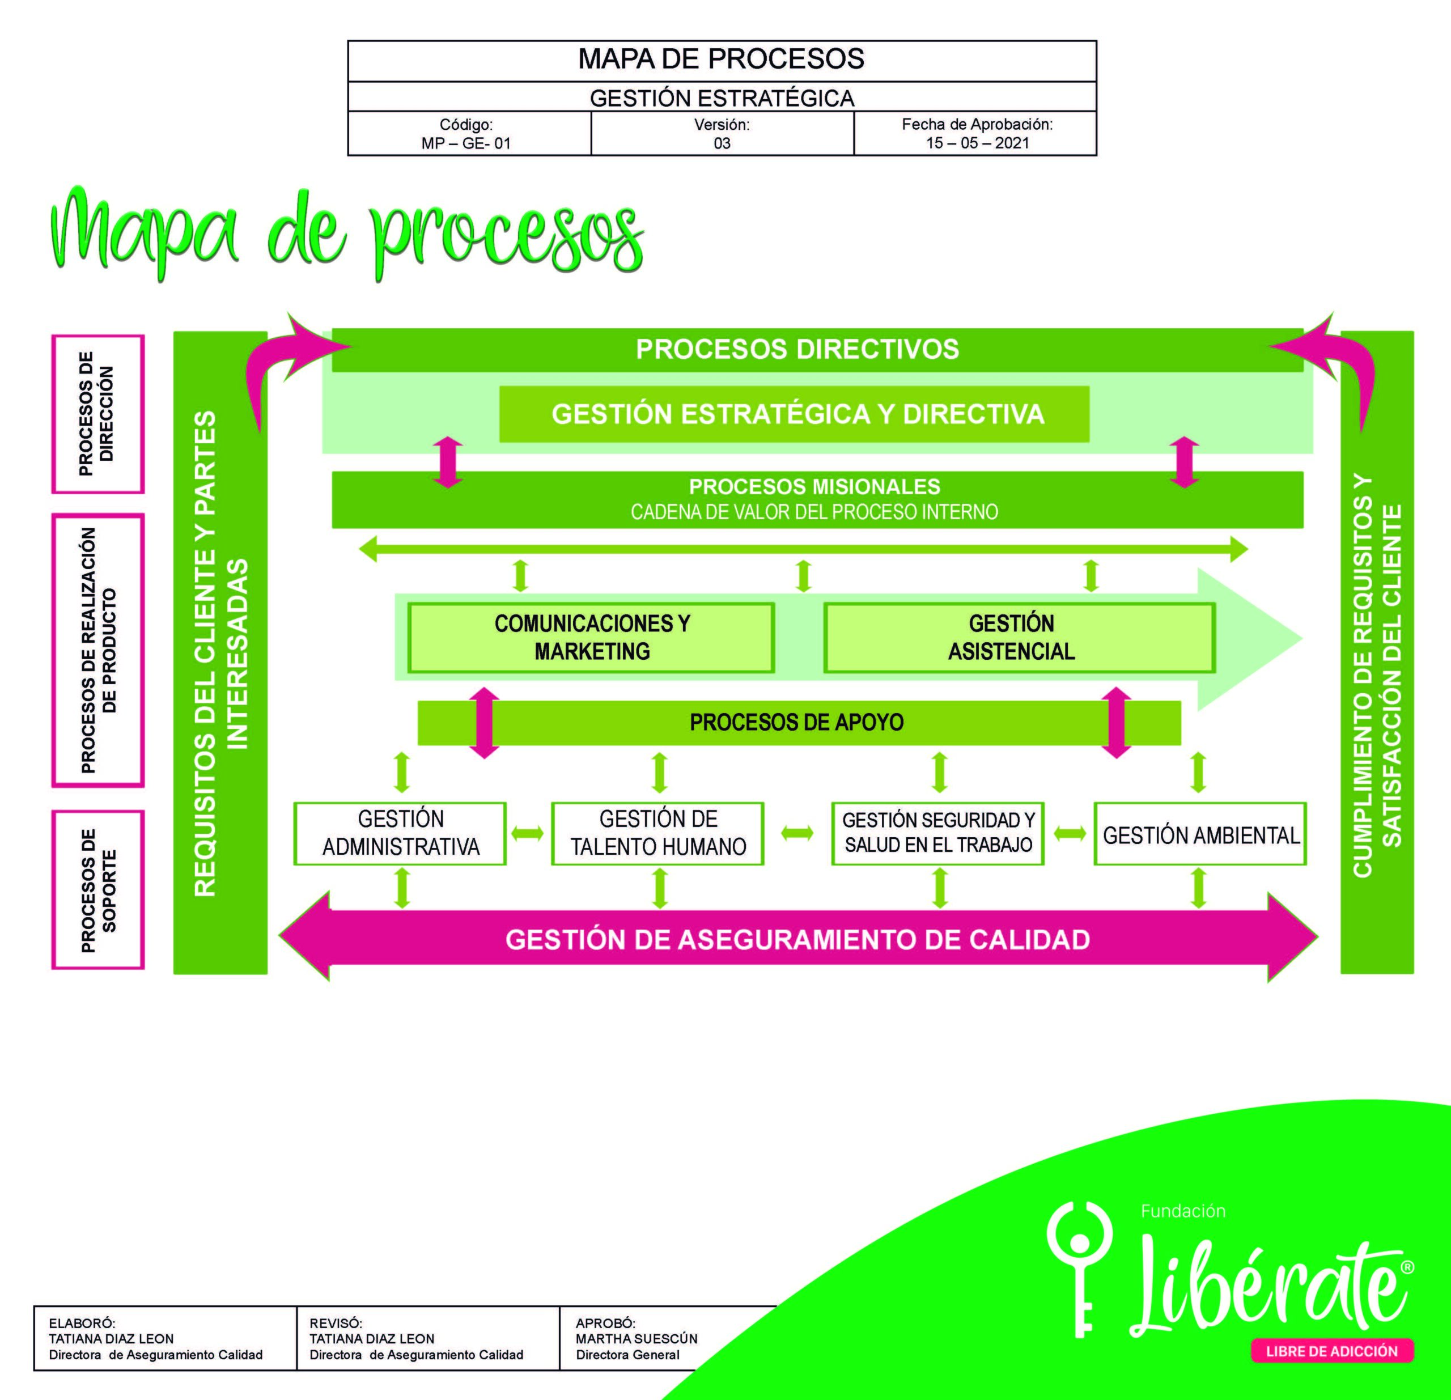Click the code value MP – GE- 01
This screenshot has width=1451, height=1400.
pyautogui.click(x=466, y=143)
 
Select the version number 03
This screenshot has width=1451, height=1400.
pyautogui.click(x=722, y=143)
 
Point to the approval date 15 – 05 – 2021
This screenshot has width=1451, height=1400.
pyautogui.click(x=977, y=143)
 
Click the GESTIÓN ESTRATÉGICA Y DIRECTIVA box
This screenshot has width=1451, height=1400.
pyautogui.click(x=794, y=414)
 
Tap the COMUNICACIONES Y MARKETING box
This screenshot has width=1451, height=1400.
pyautogui.click(x=592, y=638)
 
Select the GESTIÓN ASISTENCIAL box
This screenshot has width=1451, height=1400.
pyautogui.click(x=1020, y=638)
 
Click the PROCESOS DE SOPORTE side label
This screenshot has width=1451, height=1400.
pyautogui.click(x=97, y=890)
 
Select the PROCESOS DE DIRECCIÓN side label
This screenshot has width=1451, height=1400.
pyautogui.click(x=97, y=414)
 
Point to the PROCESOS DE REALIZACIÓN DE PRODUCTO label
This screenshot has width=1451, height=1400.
pyautogui.click(x=97, y=651)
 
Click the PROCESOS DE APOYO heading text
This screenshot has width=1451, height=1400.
pyautogui.click(x=796, y=722)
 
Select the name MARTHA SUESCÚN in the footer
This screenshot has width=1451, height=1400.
pyautogui.click(x=637, y=1339)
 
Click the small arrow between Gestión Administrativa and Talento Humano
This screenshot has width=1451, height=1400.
pyautogui.click(x=528, y=834)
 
